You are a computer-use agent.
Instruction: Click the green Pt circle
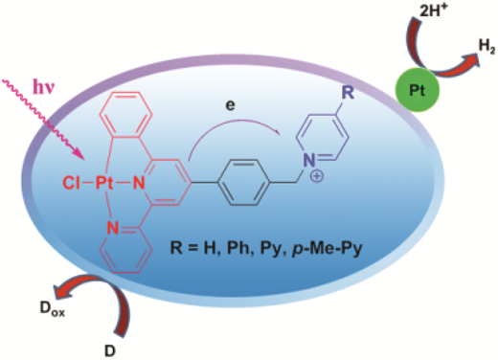tap(417, 90)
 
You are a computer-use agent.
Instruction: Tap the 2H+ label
tap(433, 11)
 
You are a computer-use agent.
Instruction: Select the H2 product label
tap(487, 47)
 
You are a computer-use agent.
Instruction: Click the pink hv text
tap(44, 87)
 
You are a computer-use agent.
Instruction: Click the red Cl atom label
tap(72, 183)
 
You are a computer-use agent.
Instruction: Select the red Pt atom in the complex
tap(104, 183)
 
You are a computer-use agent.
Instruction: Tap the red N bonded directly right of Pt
tap(139, 183)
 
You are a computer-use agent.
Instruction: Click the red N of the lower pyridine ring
tap(112, 228)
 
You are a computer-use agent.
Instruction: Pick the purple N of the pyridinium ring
tap(308, 160)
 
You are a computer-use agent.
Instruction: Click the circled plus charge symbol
tap(317, 176)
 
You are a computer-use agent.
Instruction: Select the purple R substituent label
tap(348, 93)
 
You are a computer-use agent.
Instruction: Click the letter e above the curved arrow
tap(230, 105)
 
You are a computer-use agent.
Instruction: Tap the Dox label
tap(53, 308)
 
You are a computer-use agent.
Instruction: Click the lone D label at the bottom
tap(110, 351)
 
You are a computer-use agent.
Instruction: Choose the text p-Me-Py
tap(328, 248)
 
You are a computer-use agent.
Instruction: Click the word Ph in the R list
tap(238, 248)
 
